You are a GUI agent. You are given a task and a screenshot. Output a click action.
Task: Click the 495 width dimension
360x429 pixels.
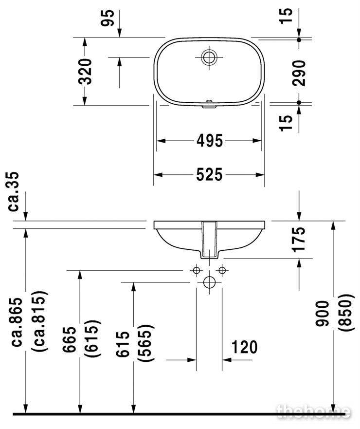pos(210,141)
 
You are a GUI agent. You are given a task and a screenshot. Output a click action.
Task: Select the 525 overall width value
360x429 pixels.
pos(210,174)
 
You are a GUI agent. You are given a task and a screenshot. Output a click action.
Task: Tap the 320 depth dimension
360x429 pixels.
pos(85,72)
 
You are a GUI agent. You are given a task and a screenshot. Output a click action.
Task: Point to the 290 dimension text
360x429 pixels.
pos(298,73)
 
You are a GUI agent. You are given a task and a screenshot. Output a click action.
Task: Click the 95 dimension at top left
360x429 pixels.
pos(107,18)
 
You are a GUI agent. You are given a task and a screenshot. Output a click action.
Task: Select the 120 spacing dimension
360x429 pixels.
pos(244,347)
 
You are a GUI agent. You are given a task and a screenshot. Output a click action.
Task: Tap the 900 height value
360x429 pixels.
pos(322,313)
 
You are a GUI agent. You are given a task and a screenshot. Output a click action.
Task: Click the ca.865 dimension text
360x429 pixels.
pos(17,322)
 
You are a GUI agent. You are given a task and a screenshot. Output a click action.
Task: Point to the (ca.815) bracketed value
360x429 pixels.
pos(40,321)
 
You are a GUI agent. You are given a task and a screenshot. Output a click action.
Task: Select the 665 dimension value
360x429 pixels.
pos(69,339)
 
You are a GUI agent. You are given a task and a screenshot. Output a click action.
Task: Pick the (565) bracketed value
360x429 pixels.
pos(144,343)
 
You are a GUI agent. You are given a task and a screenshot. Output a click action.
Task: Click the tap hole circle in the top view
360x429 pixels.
pos(209,57)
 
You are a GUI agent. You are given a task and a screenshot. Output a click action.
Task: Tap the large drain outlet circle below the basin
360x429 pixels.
pos(209,282)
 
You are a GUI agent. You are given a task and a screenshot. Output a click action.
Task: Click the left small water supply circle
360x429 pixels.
pos(196,270)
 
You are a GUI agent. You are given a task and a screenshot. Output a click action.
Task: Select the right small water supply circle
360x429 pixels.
pos(222,270)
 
